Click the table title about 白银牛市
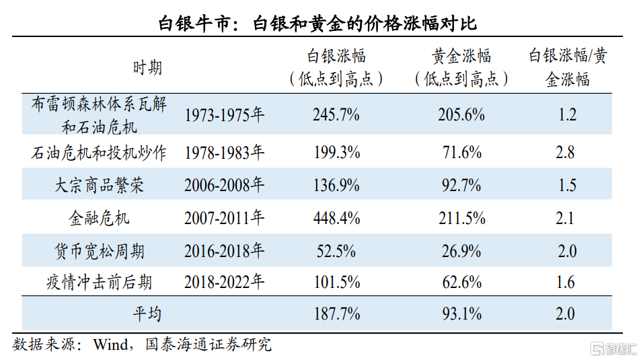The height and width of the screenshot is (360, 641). [x=317, y=24]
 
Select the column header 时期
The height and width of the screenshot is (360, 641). [x=147, y=67]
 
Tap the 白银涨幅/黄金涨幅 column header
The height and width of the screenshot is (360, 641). [x=568, y=67]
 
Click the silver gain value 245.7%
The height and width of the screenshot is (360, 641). [x=336, y=114]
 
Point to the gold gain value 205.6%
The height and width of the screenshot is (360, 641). [x=461, y=114]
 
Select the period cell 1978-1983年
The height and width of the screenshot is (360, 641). [x=224, y=153]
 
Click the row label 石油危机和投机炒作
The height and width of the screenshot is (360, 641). [x=98, y=153]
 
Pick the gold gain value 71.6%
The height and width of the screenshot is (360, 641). [x=462, y=153]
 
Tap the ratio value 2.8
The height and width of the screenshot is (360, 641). [x=565, y=153]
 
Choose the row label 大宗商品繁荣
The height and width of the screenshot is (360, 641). [x=99, y=185]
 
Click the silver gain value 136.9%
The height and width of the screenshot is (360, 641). [x=336, y=185]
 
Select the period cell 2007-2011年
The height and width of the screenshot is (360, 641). [x=224, y=217]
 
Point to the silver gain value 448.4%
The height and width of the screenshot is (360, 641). [x=336, y=217]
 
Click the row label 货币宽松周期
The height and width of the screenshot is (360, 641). [x=100, y=251]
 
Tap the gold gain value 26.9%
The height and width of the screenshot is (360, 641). [x=461, y=251]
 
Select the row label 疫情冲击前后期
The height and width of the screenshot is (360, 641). [x=99, y=282]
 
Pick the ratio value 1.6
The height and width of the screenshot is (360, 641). [x=566, y=282]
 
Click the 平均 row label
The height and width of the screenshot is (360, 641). [x=147, y=314]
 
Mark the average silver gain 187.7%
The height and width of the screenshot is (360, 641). [x=337, y=314]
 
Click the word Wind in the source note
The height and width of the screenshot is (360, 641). [x=110, y=345]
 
